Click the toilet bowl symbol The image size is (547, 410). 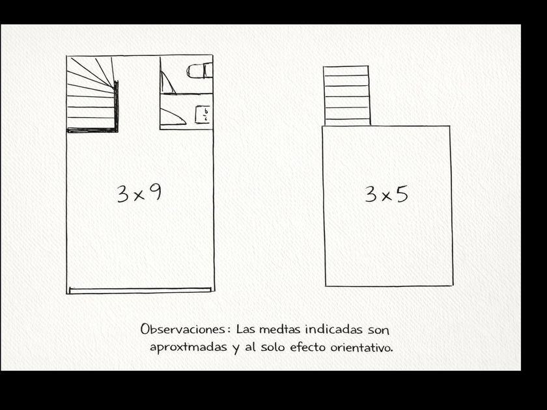point(199,71)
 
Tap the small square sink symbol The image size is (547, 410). point(203,115)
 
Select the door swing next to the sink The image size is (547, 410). point(173,116)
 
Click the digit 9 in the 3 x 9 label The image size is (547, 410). point(155,192)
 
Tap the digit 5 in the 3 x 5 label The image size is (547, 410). point(402,194)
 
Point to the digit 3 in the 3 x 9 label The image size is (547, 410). point(123,194)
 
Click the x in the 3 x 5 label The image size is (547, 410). point(386,197)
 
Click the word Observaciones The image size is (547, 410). point(183,329)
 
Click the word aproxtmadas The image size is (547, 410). point(188,348)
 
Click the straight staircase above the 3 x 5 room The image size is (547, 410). point(346,96)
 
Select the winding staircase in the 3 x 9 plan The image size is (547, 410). point(92,94)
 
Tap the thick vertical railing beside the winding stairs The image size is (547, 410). point(116,105)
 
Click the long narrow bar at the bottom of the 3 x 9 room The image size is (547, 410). point(140,290)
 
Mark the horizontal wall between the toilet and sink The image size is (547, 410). point(186,94)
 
